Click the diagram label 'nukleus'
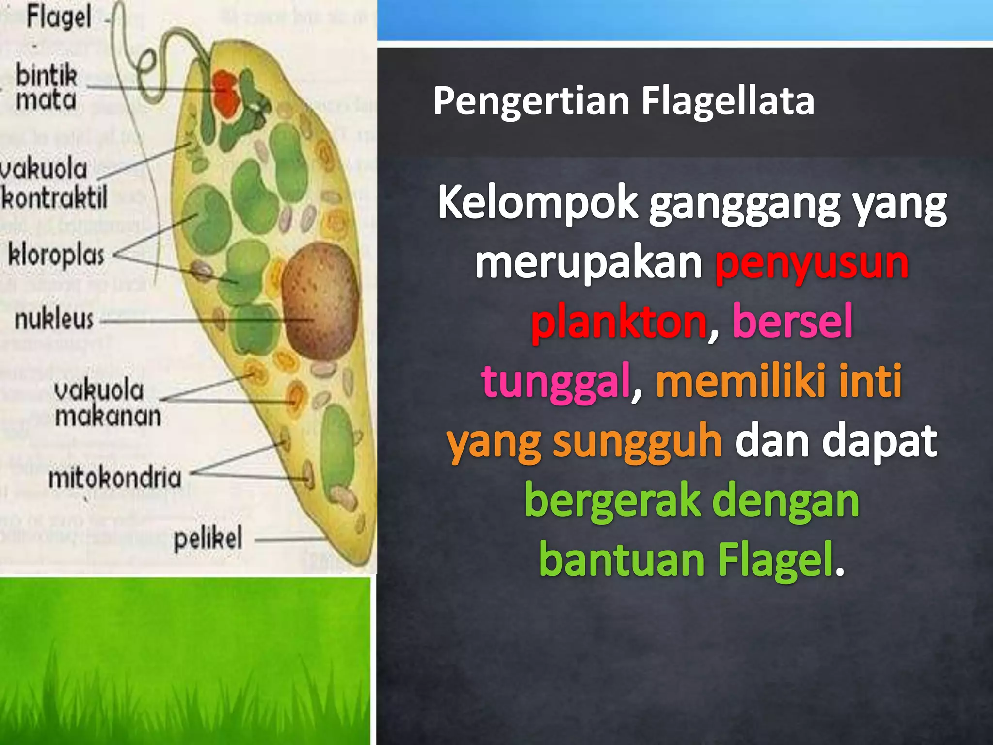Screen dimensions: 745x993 point(54,320)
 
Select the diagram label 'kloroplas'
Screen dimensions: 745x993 point(56,255)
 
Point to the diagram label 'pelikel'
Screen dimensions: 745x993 point(208,538)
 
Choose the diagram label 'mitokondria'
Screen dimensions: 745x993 point(115,477)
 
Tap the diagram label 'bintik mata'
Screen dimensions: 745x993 point(46,88)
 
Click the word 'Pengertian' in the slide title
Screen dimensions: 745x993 point(530,101)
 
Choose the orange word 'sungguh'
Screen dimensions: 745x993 point(638,441)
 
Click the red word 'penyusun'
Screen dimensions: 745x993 point(812,263)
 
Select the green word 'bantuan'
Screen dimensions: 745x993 point(622,560)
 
